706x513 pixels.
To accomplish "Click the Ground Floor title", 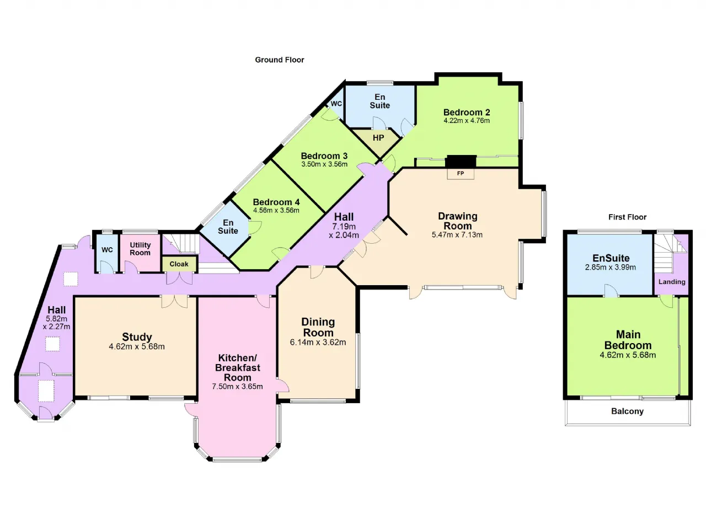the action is coord(280,60).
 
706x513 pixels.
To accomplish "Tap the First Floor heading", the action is coord(627,217).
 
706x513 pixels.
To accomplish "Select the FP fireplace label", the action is coord(461,173).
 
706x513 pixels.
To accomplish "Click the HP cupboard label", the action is coord(378,138).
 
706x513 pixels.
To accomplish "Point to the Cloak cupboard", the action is coord(179,264).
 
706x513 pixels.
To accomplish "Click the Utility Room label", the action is coord(140,249).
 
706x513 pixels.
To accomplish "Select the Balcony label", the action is coord(627,411).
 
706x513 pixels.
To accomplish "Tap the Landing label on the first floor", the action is coord(672,282).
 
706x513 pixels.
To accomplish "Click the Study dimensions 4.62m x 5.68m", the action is coord(137,346).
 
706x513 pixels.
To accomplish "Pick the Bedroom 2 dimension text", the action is coord(467,121).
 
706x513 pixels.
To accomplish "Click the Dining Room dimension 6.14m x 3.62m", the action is coord(318,342).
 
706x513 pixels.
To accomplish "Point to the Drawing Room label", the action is coord(458,221).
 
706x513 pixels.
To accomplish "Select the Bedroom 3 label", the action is coord(324,156).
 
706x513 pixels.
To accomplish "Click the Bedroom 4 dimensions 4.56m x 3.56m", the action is coord(276,210).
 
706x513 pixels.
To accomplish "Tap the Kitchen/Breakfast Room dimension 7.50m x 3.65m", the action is coord(237,386).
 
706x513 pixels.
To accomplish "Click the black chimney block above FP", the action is coord(461,162).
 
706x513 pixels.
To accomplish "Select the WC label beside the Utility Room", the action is coord(107,250).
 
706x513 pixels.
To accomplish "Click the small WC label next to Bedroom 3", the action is coord(336,104).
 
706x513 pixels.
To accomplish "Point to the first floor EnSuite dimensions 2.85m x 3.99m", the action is coord(611,267).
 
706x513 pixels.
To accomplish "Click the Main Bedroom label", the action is coord(628,340).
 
